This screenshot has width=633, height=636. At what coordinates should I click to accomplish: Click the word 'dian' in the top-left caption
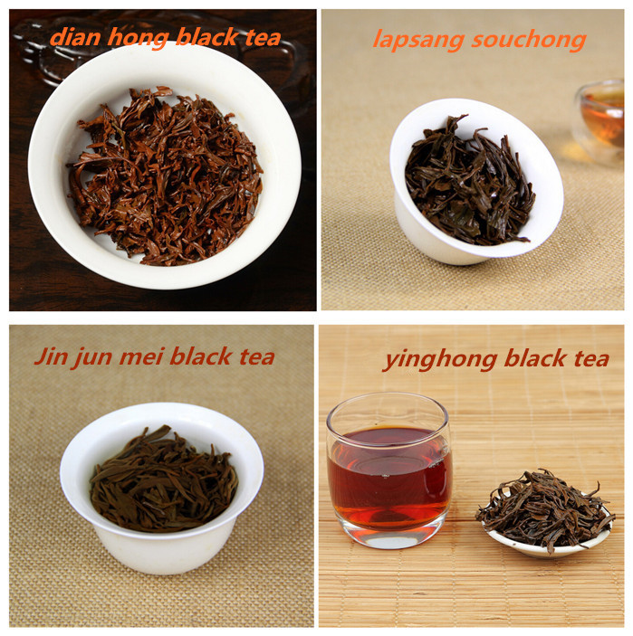[x=75, y=37]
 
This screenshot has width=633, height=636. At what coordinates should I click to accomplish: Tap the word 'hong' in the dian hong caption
[x=138, y=39]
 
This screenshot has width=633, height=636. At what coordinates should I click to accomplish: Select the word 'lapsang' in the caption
[x=418, y=41]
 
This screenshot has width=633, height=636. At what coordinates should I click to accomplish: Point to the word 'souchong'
[x=529, y=41]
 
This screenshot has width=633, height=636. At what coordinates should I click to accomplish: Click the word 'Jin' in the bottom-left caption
[x=50, y=356]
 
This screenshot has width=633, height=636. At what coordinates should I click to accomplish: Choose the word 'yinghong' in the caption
[x=440, y=360]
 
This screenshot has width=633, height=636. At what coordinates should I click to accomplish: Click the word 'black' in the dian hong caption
[x=207, y=37]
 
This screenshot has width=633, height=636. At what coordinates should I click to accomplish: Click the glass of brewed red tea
[x=389, y=470]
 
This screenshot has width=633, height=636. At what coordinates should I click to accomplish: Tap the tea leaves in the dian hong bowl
[x=165, y=176]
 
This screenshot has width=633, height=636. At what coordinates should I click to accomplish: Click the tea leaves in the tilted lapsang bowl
[x=470, y=181]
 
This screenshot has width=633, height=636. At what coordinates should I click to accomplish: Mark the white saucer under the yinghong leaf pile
[x=548, y=544]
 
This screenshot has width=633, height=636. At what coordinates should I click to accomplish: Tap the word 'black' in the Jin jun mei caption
[x=200, y=356]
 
